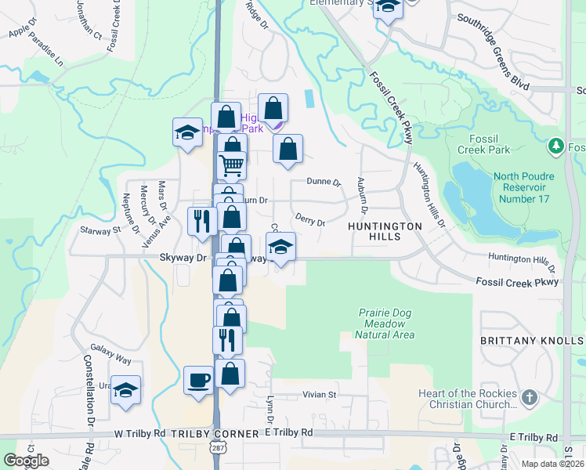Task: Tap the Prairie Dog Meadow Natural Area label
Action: click(x=384, y=323)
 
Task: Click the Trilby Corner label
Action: click(x=215, y=433)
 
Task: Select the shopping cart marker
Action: click(x=232, y=165)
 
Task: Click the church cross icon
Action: click(x=530, y=397)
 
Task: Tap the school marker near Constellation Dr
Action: click(x=125, y=390)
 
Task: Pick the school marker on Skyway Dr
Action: click(x=280, y=248)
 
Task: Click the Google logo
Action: click(x=26, y=461)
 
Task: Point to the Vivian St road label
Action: click(x=320, y=395)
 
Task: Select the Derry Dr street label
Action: click(x=310, y=220)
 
